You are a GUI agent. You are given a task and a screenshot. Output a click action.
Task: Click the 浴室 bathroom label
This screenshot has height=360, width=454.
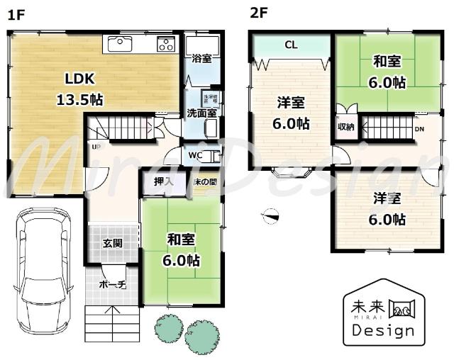pos(201,59)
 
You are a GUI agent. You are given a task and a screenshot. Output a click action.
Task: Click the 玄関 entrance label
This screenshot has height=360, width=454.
pos(112,243)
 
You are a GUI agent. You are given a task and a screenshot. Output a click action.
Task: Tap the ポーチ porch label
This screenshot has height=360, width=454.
pos(112,285)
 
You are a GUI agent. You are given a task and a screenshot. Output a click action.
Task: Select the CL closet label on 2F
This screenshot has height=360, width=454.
pos(291,45)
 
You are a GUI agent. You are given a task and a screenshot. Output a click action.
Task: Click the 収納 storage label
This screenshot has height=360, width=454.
pos(345,128)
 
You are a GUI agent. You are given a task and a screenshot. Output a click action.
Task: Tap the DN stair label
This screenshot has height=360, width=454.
pos(419,129)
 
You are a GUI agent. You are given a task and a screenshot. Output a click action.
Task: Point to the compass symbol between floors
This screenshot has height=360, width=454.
pos(270,215)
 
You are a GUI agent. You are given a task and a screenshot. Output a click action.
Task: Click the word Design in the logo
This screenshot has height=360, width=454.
pos(384,331)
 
